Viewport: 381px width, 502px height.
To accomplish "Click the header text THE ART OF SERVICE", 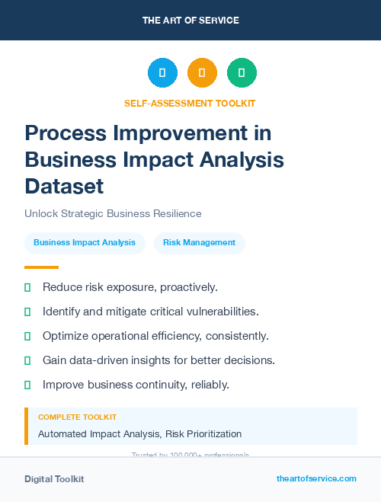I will [190, 21].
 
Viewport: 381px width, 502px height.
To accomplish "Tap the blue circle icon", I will [162, 73].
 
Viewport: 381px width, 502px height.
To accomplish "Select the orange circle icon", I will [202, 73].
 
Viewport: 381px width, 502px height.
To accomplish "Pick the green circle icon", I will [242, 73].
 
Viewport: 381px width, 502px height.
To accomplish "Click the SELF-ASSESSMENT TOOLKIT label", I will [190, 103].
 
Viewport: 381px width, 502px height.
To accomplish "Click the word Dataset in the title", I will [64, 186].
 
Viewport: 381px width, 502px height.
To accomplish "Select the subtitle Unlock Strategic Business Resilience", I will [113, 213].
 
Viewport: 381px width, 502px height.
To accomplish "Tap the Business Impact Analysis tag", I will [85, 243].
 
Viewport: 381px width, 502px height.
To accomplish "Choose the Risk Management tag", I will [199, 243].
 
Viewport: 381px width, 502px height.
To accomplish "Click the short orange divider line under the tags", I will [41, 267].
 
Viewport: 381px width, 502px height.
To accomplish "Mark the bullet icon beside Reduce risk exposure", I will [27, 287].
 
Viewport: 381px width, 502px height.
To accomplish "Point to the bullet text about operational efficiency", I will [155, 336].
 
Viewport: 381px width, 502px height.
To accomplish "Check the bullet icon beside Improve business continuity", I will [27, 385].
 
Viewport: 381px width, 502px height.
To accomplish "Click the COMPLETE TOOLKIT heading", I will [77, 417].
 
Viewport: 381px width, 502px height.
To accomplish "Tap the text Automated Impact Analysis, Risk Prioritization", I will [139, 434].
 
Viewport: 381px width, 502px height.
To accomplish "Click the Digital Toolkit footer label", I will [54, 479].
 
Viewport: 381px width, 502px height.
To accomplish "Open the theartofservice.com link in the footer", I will [316, 478].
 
